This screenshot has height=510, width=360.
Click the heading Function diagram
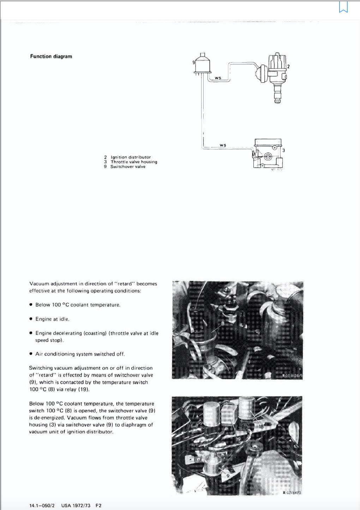(x=51, y=57)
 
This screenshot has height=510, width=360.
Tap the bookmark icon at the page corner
(x=343, y=7)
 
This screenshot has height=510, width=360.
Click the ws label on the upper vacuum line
(x=218, y=78)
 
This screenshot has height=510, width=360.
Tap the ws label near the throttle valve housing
(x=223, y=145)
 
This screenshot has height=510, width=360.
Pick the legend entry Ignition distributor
(x=130, y=157)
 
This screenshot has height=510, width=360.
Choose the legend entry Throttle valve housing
(x=133, y=162)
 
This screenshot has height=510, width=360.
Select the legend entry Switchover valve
(x=127, y=167)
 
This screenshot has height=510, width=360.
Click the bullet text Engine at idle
(x=52, y=319)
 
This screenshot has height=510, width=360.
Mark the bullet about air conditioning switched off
(x=80, y=354)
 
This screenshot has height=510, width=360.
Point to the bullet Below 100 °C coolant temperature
(x=78, y=305)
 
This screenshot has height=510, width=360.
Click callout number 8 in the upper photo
(x=223, y=323)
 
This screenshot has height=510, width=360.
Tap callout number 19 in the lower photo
(x=238, y=439)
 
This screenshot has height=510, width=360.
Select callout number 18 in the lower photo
(x=261, y=427)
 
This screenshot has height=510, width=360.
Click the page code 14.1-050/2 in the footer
(x=42, y=505)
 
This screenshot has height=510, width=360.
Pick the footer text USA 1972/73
(x=76, y=505)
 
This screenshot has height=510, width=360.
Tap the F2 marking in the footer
(x=98, y=505)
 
